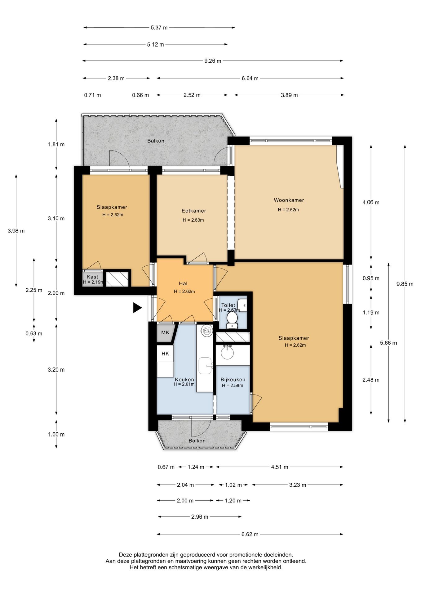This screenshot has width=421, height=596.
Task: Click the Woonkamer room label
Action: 289,200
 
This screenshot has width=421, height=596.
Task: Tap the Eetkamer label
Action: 194,211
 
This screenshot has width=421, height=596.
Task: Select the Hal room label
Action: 183,283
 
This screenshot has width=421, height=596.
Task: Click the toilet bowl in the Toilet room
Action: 232,319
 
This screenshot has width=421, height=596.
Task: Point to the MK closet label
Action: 165,332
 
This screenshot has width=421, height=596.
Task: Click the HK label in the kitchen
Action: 165,354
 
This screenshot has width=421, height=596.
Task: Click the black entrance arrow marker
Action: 137,308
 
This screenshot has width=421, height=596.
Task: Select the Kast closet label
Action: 92,277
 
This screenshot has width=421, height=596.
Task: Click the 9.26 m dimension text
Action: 213,61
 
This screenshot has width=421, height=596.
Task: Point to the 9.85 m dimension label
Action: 405,284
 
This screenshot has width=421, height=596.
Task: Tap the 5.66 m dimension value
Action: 388,343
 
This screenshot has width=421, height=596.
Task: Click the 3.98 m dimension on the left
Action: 16,231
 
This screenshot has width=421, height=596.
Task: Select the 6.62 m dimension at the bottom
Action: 250,534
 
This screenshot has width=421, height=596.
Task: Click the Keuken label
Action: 184,380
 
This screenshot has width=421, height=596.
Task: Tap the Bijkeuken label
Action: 233,380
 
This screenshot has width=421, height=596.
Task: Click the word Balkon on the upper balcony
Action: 156,141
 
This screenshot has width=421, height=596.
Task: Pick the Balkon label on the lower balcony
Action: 197,441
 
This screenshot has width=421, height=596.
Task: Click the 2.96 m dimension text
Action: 200,517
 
